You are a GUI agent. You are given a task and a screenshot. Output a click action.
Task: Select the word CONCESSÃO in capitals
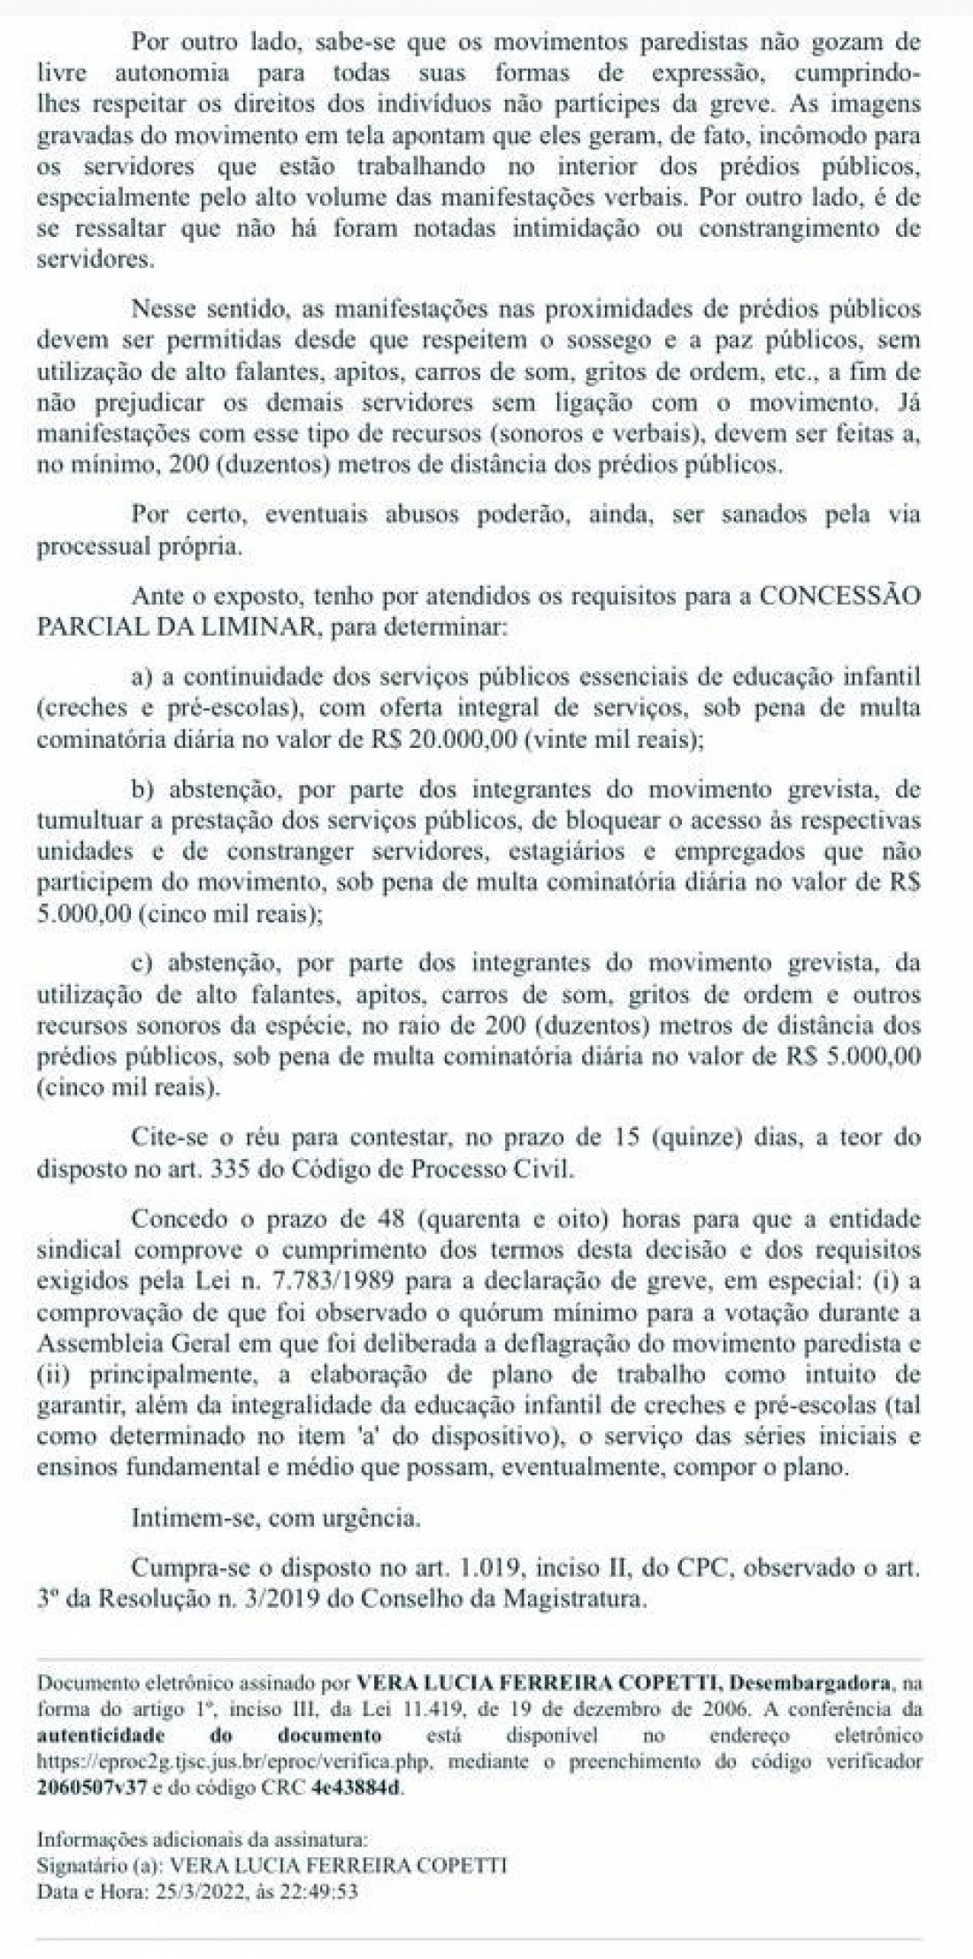(x=839, y=596)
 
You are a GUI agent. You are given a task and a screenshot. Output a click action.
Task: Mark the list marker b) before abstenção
(x=142, y=788)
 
